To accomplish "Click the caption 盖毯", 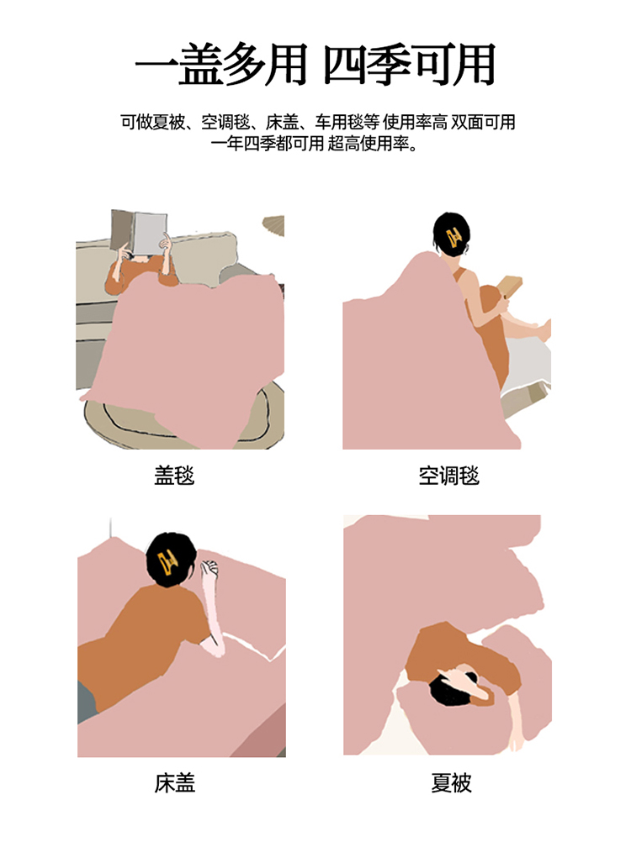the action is [x=174, y=476].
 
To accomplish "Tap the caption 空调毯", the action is [x=448, y=476].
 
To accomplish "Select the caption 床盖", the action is [x=174, y=783].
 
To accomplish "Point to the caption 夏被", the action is [x=451, y=783].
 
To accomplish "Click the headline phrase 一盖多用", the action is [x=221, y=65].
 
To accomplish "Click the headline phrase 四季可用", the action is [x=410, y=65].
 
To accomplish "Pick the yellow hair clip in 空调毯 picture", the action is [x=453, y=236].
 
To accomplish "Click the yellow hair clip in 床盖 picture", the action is [x=167, y=561].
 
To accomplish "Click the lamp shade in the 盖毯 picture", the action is [x=274, y=225].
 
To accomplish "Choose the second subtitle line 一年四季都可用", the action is [x=268, y=144].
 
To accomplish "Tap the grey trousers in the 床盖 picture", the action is [x=87, y=702].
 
